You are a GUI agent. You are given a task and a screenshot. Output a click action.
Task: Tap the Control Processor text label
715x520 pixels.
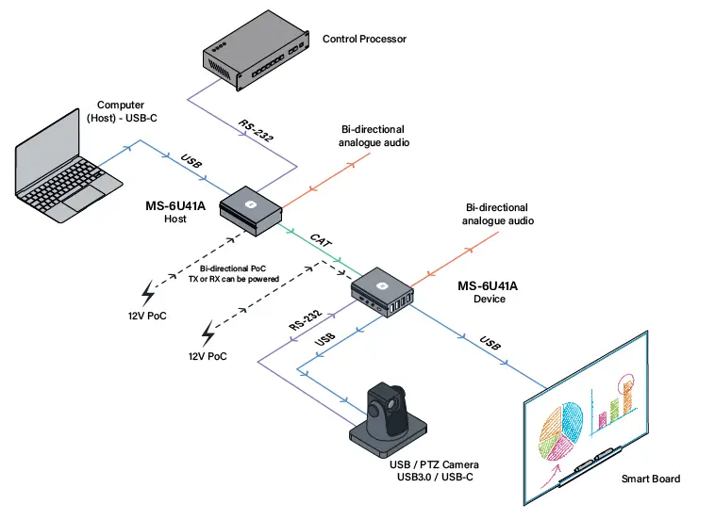click(364, 40)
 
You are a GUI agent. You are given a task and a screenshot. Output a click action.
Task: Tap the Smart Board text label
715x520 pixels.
click(650, 479)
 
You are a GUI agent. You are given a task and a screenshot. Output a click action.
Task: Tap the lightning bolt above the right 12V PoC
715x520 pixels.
click(209, 333)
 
